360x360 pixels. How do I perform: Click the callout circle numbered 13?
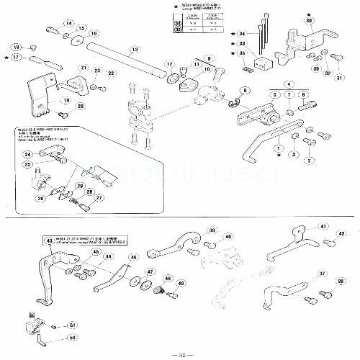point(134,50)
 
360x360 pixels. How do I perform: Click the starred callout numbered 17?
point(15,56)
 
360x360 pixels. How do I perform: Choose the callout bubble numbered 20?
point(81,107)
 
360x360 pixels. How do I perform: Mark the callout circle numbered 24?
point(27,155)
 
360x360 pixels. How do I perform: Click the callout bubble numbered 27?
point(99,198)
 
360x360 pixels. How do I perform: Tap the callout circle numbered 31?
point(340,76)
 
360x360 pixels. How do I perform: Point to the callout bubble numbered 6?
point(246,90)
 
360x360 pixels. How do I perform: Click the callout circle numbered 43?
point(50,241)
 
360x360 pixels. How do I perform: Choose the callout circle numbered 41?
point(323,226)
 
